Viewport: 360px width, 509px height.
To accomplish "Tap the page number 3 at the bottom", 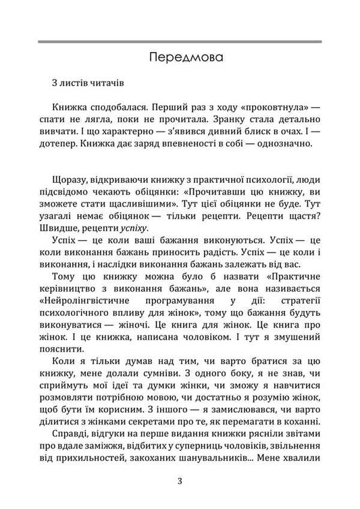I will tap(180, 482).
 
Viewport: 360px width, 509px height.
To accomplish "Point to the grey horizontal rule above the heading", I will tap(180, 43).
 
